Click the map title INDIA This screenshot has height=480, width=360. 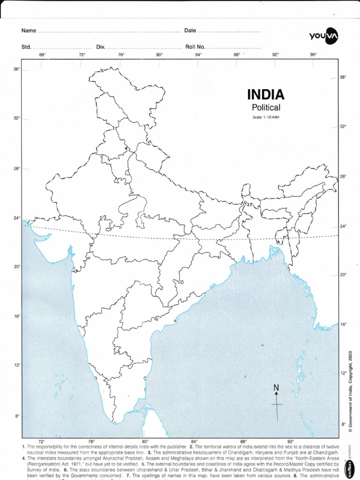point(266,95)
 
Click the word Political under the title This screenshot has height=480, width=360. point(266,108)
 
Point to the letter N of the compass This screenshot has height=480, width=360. point(276,388)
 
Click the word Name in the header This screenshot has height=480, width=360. point(29,31)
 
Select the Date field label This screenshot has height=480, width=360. point(190,31)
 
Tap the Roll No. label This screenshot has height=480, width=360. point(195,47)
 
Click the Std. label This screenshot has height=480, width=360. point(26,47)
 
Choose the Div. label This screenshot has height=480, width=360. point(101,47)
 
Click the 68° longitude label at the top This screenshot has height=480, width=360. point(42,55)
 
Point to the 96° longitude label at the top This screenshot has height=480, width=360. point(314,55)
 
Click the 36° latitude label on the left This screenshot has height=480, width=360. point(16,69)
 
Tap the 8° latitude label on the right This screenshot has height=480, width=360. point(343,424)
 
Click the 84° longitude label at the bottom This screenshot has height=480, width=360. point(195,441)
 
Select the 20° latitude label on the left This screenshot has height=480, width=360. point(16,267)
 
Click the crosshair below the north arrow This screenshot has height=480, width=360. point(277,404)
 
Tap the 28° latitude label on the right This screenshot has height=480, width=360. point(343,176)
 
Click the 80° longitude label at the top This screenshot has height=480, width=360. point(159,55)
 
